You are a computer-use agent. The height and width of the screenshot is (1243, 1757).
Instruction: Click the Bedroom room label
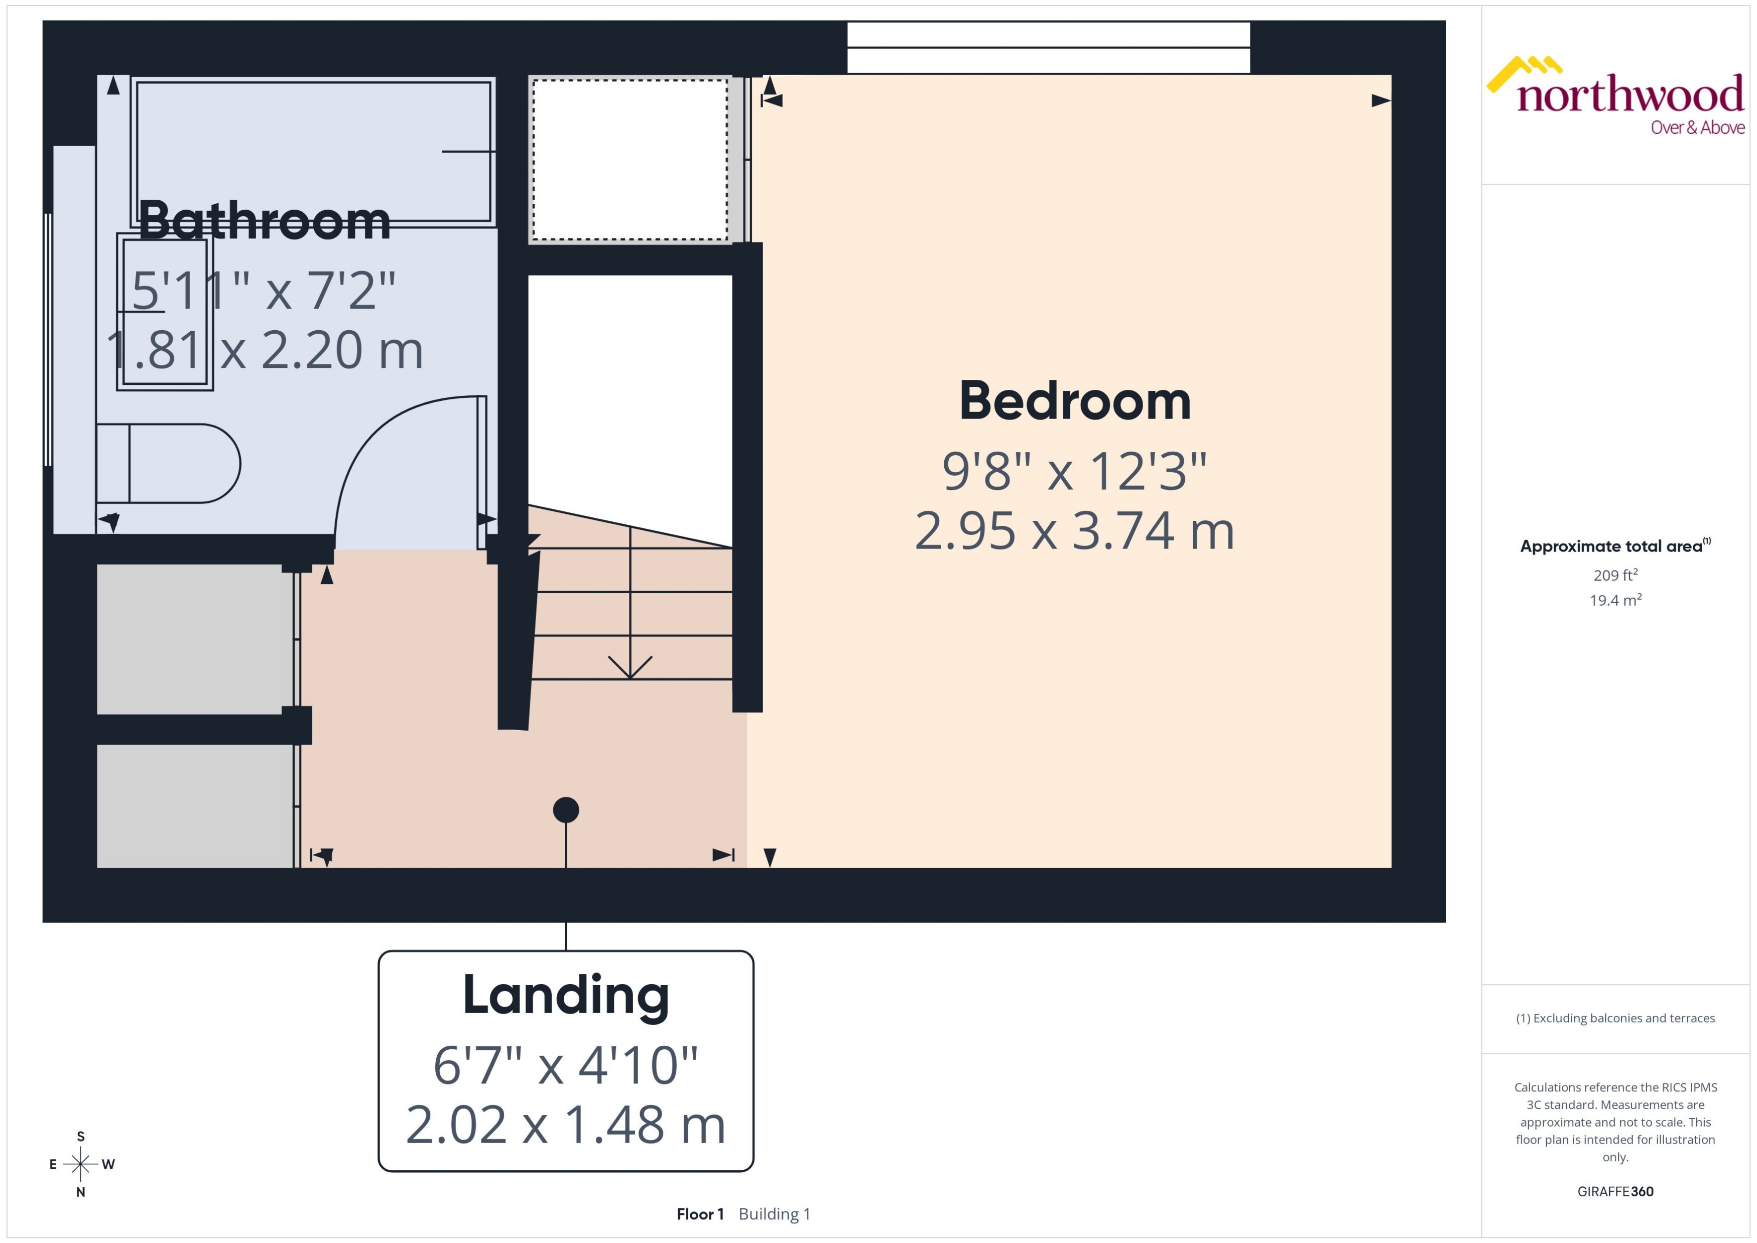pyautogui.click(x=1074, y=401)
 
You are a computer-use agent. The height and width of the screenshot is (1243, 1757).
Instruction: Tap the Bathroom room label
pyautogui.click(x=264, y=221)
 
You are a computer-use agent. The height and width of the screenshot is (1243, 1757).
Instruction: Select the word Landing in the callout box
pyautogui.click(x=566, y=995)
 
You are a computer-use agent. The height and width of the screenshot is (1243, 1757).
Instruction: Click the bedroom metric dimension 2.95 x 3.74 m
pyautogui.click(x=1074, y=531)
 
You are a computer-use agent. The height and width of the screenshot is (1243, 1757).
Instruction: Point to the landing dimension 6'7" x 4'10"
pyautogui.click(x=566, y=1065)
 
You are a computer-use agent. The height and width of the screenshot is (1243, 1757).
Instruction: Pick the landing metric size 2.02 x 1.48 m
pyautogui.click(x=566, y=1125)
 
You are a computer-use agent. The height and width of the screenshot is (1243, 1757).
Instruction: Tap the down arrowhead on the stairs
pyautogui.click(x=630, y=667)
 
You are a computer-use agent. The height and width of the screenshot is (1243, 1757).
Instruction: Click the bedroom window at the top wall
pyautogui.click(x=1048, y=48)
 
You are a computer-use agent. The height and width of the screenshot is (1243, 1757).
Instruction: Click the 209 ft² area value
pyautogui.click(x=1615, y=575)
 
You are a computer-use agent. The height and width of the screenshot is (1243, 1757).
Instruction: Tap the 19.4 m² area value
pyautogui.click(x=1615, y=600)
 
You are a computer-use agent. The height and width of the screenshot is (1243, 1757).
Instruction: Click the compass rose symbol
pyautogui.click(x=80, y=1164)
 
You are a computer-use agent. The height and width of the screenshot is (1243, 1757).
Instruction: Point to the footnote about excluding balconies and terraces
pyautogui.click(x=1615, y=1018)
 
